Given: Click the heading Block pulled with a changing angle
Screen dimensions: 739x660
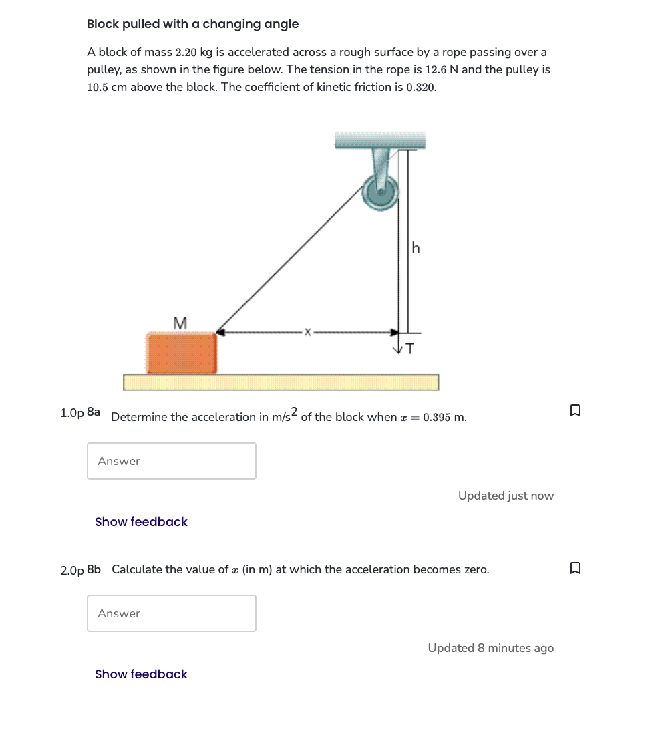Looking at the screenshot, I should click(x=192, y=24).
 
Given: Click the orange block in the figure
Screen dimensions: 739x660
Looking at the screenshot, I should click(x=182, y=353).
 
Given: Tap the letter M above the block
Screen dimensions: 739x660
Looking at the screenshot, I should click(x=179, y=323).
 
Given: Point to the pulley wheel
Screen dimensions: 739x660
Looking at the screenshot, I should click(x=381, y=192).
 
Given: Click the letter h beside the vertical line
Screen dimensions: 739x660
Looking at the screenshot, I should click(x=416, y=249).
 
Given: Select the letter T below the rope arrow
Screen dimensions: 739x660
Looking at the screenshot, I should click(x=409, y=348).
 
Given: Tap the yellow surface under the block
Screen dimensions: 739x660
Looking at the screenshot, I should click(x=281, y=382).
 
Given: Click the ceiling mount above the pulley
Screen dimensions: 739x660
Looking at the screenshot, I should click(x=379, y=140).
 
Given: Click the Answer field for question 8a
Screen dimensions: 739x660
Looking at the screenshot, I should click(x=172, y=461).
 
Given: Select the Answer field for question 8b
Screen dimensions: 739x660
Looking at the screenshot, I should click(x=172, y=613).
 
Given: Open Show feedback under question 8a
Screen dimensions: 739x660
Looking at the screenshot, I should click(x=141, y=522).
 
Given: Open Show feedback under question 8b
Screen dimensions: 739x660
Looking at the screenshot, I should click(x=141, y=674).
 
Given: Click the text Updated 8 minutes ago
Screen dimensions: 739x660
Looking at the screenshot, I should click(x=490, y=648).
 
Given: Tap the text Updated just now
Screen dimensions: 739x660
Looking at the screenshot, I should click(x=506, y=496).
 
